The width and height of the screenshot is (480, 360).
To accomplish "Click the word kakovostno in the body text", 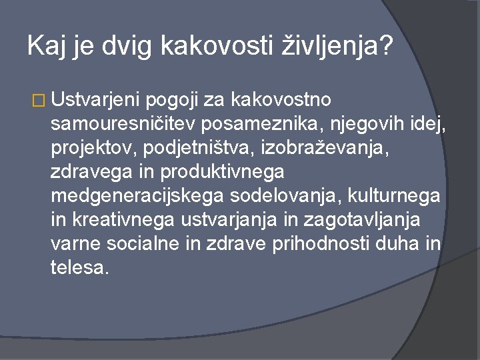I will pos(285,101).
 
